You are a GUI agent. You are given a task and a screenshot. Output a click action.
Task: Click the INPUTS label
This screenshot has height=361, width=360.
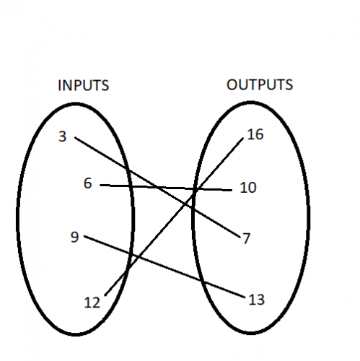pyautogui.click(x=83, y=85)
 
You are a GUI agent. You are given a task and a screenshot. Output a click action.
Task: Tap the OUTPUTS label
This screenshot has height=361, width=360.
pyautogui.click(x=260, y=84)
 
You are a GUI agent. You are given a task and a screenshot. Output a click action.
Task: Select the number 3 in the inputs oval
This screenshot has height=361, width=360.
pyautogui.click(x=63, y=135)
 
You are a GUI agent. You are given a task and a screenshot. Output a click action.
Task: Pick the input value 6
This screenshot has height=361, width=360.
pyautogui.click(x=87, y=184)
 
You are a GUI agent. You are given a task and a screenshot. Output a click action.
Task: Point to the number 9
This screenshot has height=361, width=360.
pyautogui.click(x=75, y=235)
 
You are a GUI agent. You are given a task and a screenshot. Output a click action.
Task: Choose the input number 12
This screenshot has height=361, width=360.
pyautogui.click(x=92, y=303)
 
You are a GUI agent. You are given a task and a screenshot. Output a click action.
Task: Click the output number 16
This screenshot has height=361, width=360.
pyautogui.click(x=255, y=134)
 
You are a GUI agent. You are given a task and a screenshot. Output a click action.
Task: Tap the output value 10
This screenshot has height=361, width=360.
pyautogui.click(x=247, y=188)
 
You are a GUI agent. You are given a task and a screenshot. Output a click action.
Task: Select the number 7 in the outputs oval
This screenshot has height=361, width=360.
pyautogui.click(x=247, y=238)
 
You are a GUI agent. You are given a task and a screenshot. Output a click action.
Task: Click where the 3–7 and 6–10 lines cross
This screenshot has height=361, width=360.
pyautogui.click(x=157, y=188)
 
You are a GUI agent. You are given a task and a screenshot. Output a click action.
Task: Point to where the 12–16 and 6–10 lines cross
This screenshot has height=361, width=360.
pyautogui.click(x=195, y=189)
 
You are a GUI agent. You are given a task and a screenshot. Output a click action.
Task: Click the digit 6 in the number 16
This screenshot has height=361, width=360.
pyautogui.click(x=259, y=134)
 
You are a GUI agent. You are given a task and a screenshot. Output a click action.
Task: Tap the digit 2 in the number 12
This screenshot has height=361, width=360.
pyautogui.click(x=96, y=303)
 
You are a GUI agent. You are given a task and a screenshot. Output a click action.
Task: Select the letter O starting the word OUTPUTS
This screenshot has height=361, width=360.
pyautogui.click(x=232, y=84)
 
